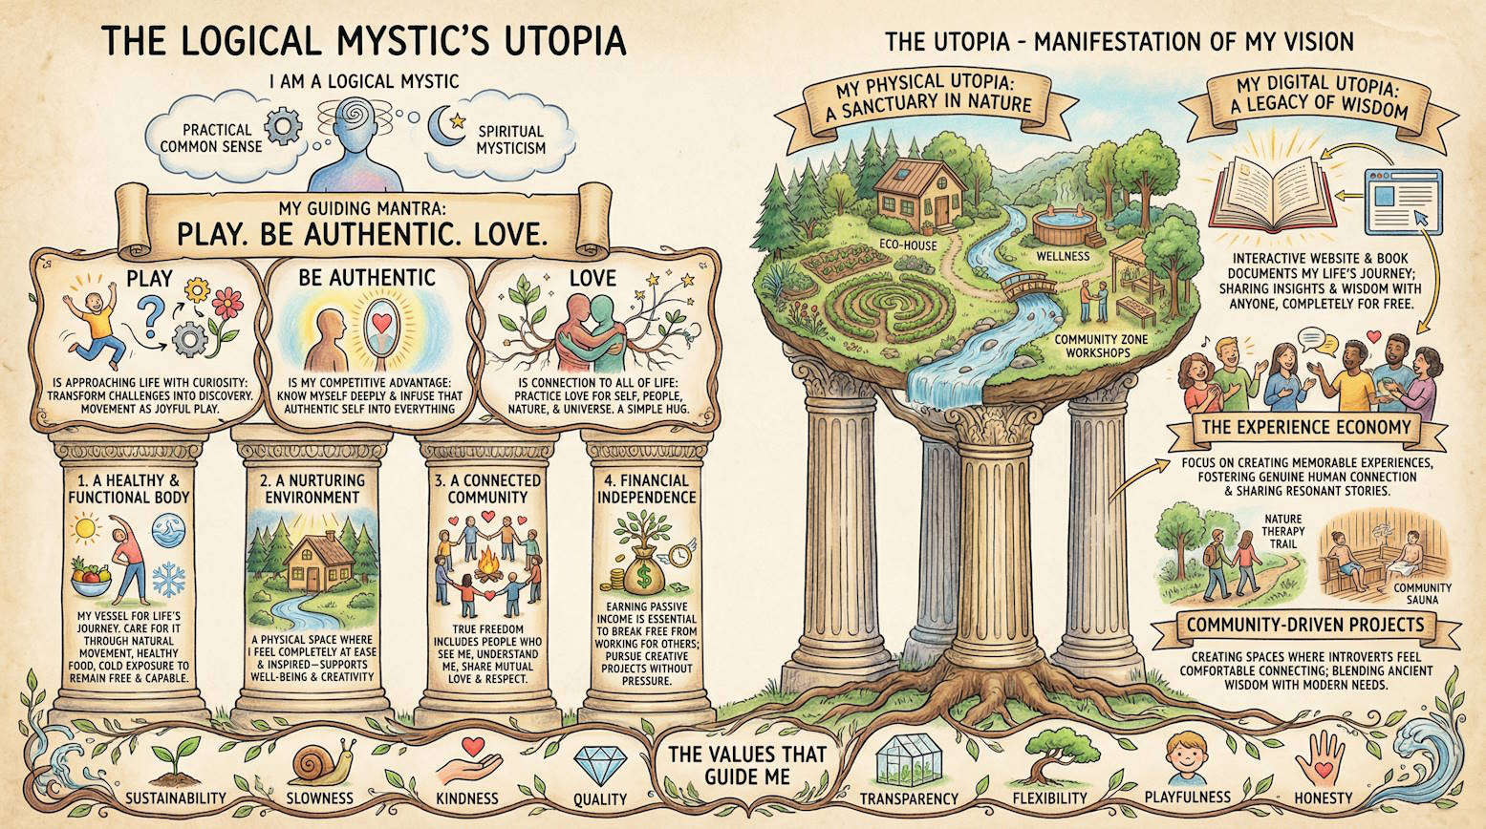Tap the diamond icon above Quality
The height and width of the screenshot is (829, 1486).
[x=600, y=764]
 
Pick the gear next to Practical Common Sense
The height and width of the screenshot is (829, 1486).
[x=283, y=126]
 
